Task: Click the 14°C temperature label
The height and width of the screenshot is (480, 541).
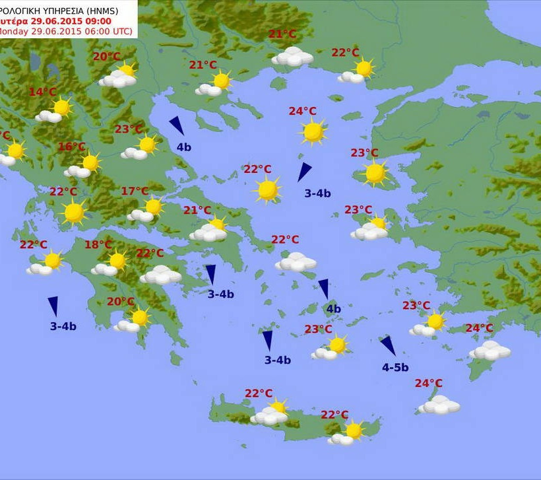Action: click(x=42, y=92)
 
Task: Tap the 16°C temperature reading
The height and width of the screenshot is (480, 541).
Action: click(x=72, y=147)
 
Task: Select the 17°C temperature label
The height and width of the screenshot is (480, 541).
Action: click(x=135, y=191)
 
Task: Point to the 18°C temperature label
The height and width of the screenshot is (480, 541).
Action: click(x=98, y=245)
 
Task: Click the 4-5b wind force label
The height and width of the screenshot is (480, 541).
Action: click(x=395, y=368)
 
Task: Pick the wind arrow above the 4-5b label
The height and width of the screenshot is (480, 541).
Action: click(x=388, y=346)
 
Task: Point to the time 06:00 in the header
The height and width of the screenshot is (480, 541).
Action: click(x=92, y=31)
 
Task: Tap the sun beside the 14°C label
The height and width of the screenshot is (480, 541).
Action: click(x=62, y=107)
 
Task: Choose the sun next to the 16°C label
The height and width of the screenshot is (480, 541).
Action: click(x=90, y=162)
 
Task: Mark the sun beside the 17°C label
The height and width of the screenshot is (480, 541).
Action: click(x=154, y=206)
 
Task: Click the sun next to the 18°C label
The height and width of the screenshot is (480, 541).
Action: click(x=117, y=260)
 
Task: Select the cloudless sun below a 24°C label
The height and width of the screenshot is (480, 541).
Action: click(x=313, y=132)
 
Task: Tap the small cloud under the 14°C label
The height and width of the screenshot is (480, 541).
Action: click(x=48, y=117)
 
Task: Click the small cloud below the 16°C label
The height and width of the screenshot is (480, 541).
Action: click(x=77, y=172)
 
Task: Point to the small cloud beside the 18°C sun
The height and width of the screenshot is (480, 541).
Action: click(x=104, y=269)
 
